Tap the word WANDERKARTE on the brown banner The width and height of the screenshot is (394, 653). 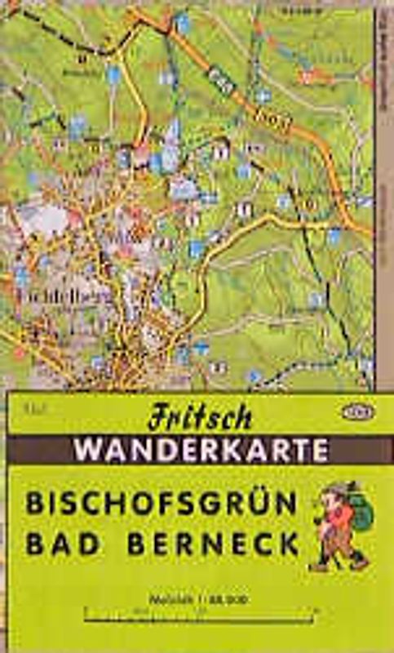pyautogui.click(x=200, y=450)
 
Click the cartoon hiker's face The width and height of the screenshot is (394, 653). pyautogui.click(x=331, y=500)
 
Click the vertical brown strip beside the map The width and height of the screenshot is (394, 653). pyautogui.click(x=383, y=204)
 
